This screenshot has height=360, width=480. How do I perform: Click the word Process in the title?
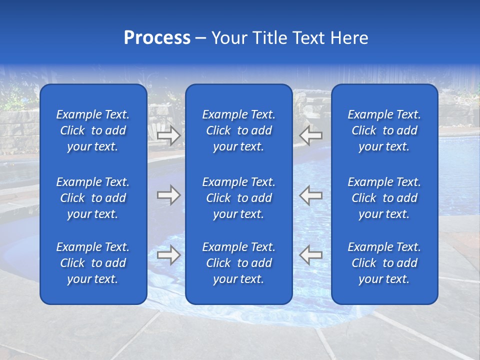click(157, 38)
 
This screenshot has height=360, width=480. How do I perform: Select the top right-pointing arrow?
click(168, 135)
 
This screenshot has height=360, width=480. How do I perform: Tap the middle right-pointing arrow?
click(168, 195)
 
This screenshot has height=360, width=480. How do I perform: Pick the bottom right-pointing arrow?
click(168, 255)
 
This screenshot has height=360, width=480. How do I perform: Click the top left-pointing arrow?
click(311, 135)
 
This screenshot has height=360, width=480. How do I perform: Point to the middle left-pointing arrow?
click(311, 195)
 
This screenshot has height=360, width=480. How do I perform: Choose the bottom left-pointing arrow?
click(311, 255)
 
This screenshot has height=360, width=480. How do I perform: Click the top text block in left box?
click(93, 130)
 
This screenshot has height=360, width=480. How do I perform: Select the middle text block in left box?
click(93, 198)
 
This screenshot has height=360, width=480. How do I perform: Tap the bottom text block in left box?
click(93, 263)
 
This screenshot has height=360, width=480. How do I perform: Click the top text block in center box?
click(238, 130)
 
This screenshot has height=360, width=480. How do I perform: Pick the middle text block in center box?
click(238, 198)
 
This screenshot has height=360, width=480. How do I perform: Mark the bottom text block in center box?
click(238, 263)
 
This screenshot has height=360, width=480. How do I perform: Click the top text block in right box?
click(384, 130)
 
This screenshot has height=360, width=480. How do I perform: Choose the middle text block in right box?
click(384, 198)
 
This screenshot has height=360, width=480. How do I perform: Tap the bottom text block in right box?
click(384, 263)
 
